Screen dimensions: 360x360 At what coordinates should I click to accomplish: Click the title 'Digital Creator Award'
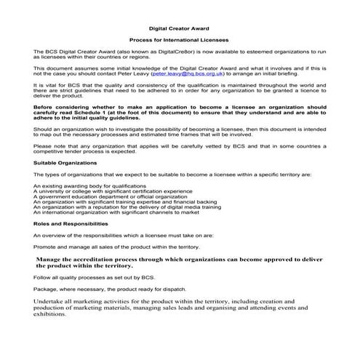179,28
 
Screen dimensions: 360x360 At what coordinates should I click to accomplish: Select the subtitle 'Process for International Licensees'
179,42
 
